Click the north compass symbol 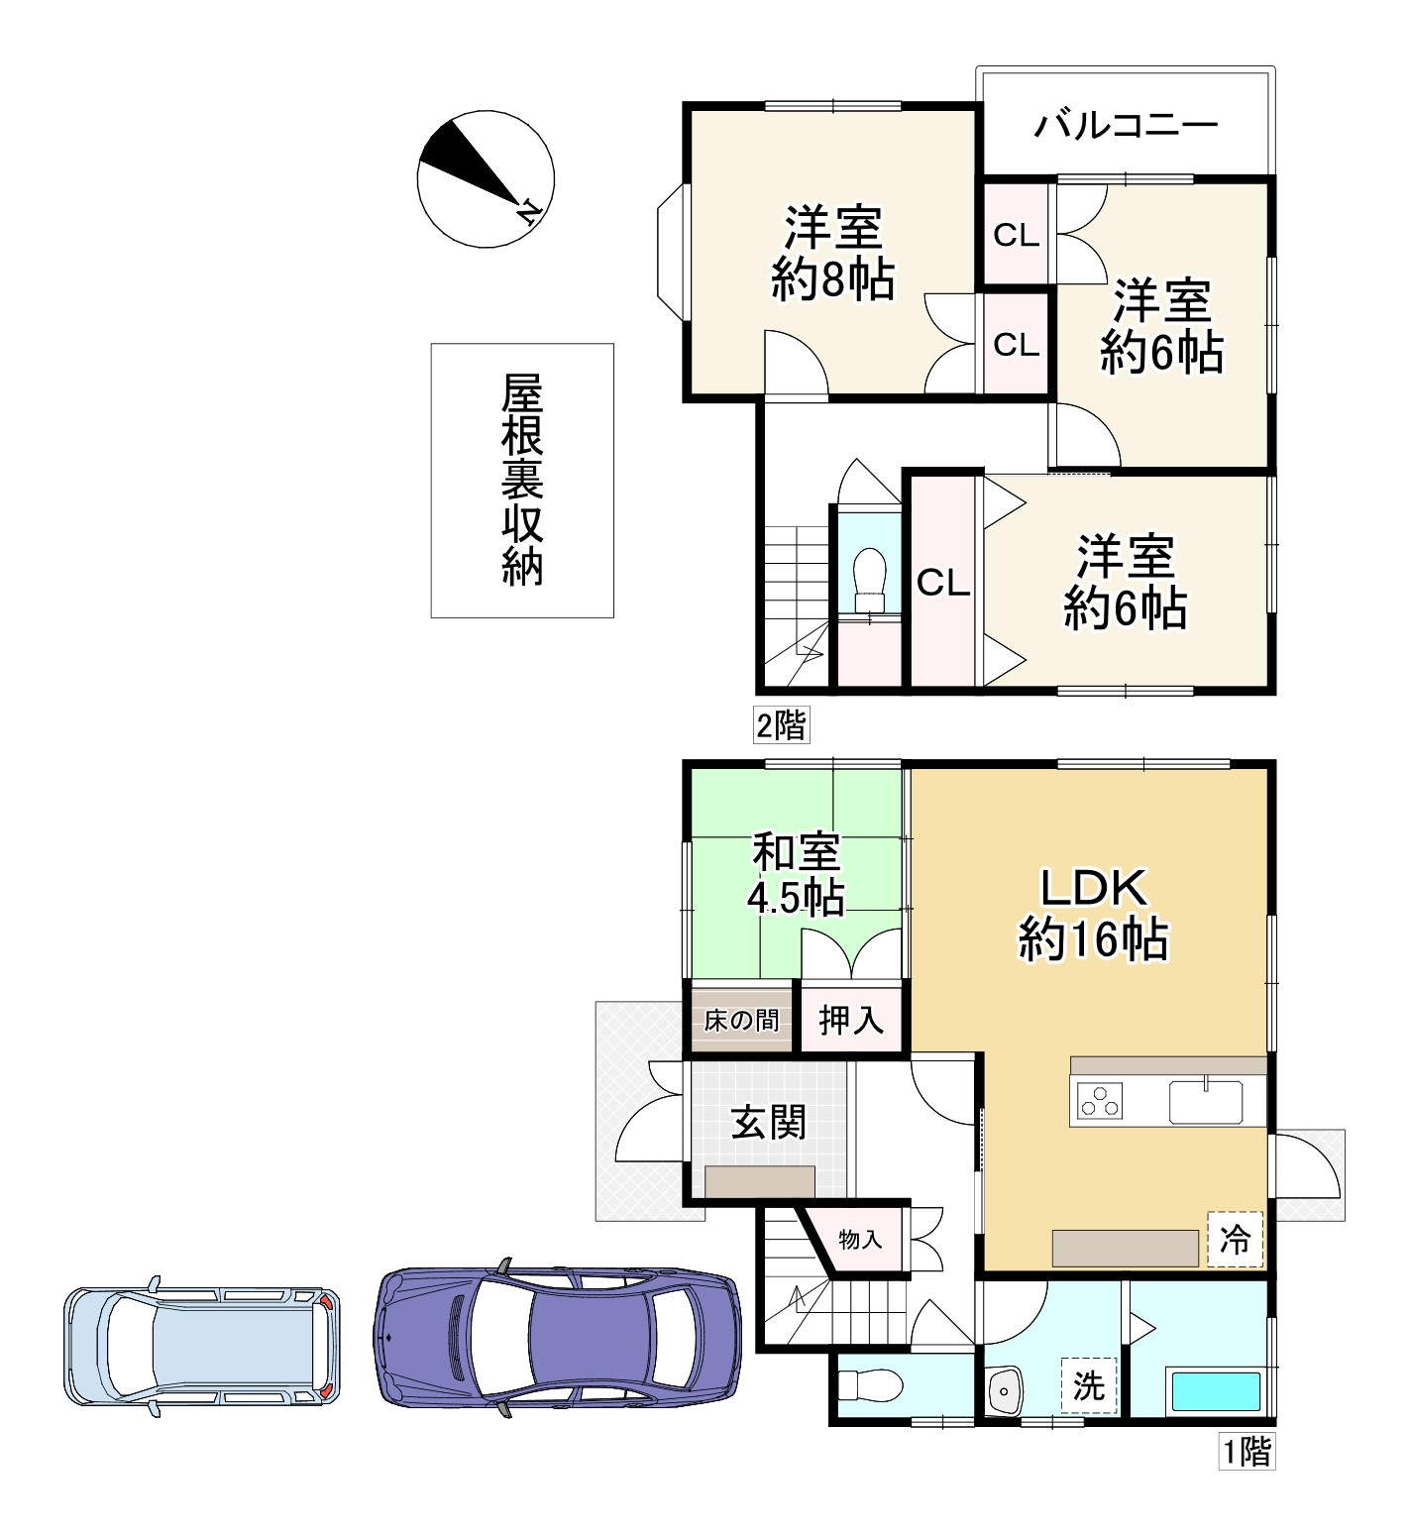pyautogui.click(x=486, y=179)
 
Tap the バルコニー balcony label pyautogui.click(x=1126, y=126)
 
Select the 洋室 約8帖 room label pyautogui.click(x=832, y=253)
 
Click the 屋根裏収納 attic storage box pyautogui.click(x=522, y=481)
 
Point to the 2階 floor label pyautogui.click(x=781, y=725)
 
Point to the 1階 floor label pyautogui.click(x=1246, y=1452)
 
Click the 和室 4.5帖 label pyautogui.click(x=796, y=875)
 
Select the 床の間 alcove pyautogui.click(x=741, y=1019)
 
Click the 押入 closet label pyautogui.click(x=851, y=1020)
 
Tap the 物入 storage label pyautogui.click(x=859, y=1239)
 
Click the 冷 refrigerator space pyautogui.click(x=1235, y=1239)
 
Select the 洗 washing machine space pyautogui.click(x=1089, y=1384)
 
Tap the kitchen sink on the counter pyautogui.click(x=1205, y=1101)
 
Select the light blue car pyautogui.click(x=202, y=1346)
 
